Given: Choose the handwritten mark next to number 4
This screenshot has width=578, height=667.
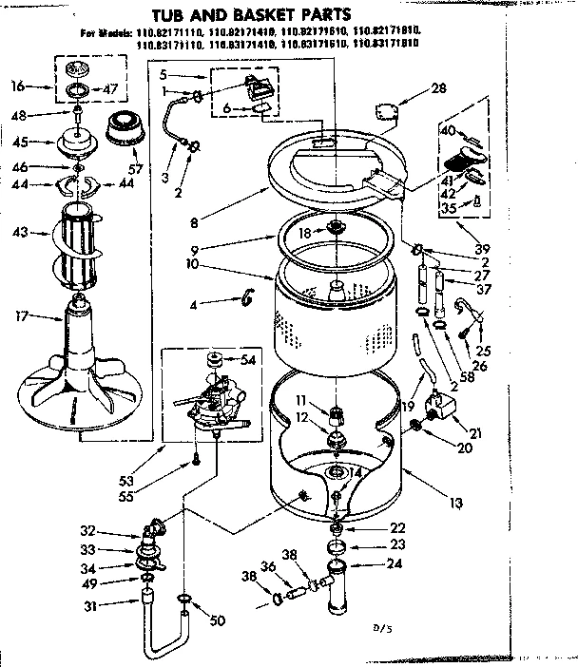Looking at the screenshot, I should coord(250,300).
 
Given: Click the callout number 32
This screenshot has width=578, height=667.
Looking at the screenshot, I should coord(114,531).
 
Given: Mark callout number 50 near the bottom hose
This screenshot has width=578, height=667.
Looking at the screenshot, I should coord(218,621).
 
